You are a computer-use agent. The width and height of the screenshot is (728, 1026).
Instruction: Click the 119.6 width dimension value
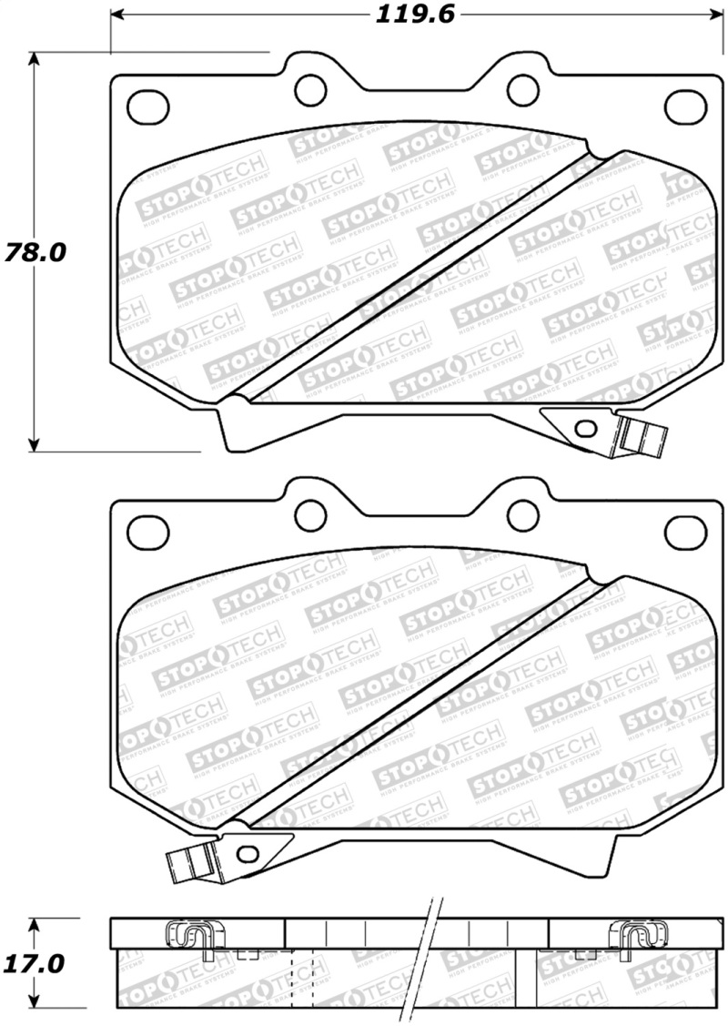[412, 15]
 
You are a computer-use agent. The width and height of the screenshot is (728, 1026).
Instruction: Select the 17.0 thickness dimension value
[35, 963]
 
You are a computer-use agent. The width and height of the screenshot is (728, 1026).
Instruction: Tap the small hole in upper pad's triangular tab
[586, 428]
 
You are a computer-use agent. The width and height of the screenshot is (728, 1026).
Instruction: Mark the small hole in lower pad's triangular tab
[246, 853]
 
